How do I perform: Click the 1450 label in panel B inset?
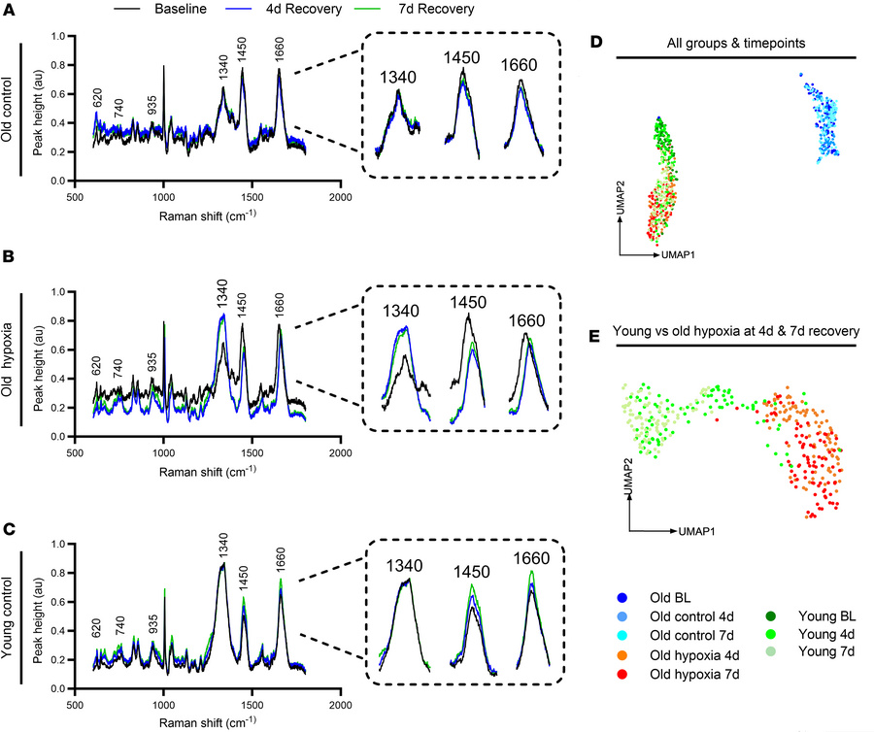tap(468, 302)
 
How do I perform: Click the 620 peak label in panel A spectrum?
tap(97, 98)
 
